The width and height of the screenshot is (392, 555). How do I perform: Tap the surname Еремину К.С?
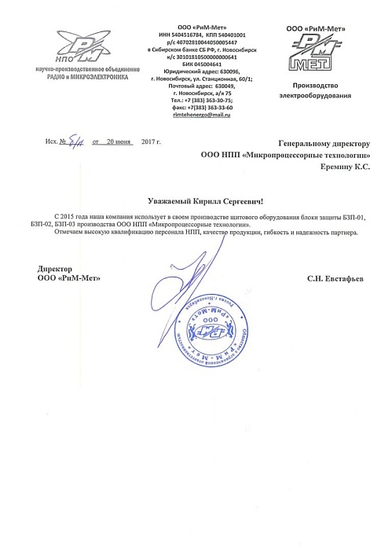(x=346, y=167)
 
